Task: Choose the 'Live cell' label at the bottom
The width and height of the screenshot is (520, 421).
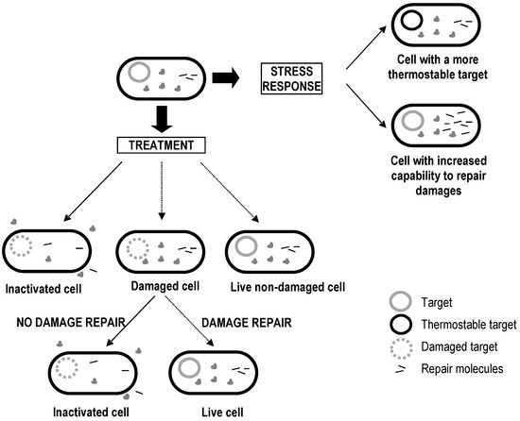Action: [x=199, y=410]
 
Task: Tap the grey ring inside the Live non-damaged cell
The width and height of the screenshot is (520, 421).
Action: [x=244, y=250]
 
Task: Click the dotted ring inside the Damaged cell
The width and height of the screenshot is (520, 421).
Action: [x=138, y=250]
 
